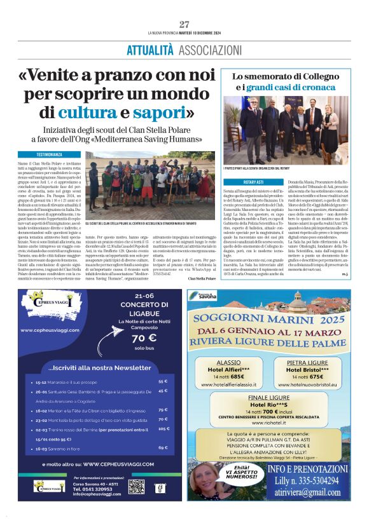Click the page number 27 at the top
click(x=184, y=24)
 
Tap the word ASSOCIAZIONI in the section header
click(x=207, y=50)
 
